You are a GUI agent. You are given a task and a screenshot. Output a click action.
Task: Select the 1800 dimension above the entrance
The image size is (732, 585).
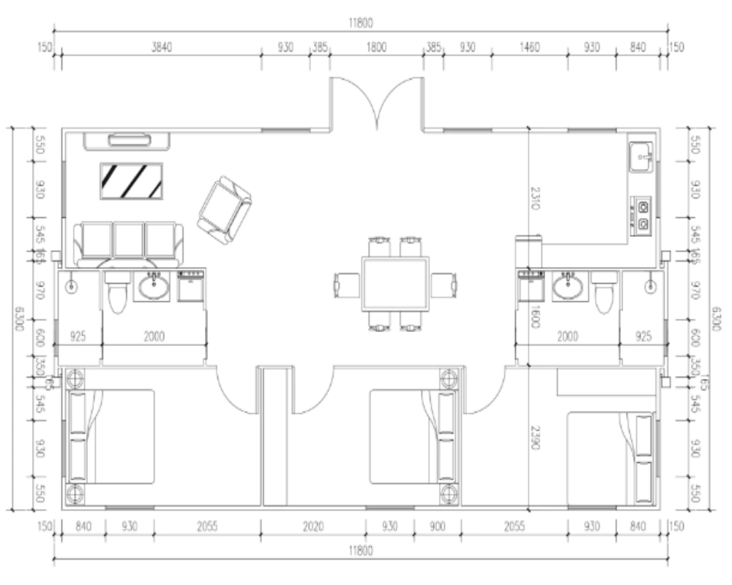click(x=376, y=47)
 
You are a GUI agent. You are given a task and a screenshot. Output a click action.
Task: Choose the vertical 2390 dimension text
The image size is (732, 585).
click(x=535, y=439)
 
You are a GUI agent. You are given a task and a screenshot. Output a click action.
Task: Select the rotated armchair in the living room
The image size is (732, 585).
click(x=224, y=211)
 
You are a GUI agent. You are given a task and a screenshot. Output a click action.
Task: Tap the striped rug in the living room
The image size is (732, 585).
click(x=131, y=180)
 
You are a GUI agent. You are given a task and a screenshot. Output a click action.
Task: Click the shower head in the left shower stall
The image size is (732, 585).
click(x=71, y=286)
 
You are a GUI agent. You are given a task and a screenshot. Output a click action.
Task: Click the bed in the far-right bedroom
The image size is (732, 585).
click(x=612, y=458)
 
